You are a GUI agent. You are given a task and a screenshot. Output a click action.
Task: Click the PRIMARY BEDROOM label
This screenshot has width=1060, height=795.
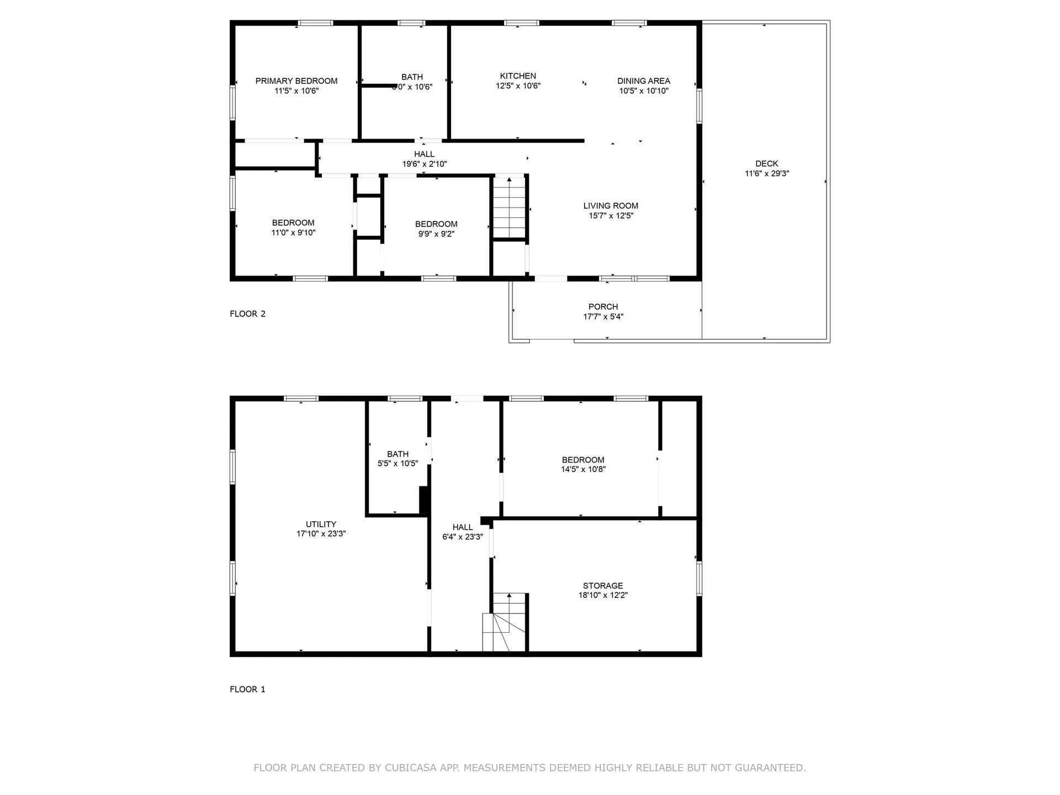pos(296,81)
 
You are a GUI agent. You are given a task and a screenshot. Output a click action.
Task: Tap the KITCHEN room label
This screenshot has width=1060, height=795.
pos(518,76)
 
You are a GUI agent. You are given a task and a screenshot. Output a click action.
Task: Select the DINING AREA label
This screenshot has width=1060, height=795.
pos(644,81)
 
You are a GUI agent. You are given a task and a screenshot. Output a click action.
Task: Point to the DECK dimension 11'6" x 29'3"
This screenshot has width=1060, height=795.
pos(767,173)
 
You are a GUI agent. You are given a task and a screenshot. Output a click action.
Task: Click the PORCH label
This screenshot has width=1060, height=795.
pos(603,307)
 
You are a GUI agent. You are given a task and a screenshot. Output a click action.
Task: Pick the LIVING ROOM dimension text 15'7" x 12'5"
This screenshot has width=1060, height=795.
pos(611,216)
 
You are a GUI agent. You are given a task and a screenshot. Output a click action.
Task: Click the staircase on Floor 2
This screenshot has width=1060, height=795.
pos(509,208)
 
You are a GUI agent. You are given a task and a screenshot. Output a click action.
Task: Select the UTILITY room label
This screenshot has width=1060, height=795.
pos(321,524)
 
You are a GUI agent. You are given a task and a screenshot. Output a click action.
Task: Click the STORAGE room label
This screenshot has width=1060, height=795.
pos(603,586)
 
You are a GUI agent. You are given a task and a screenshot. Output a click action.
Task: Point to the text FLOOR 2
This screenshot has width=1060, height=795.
pos(247,314)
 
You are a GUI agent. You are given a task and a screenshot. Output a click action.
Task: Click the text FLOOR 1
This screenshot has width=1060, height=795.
pos(247,690)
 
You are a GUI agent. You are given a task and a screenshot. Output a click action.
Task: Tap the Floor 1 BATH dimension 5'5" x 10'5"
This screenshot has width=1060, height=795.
pos(397,464)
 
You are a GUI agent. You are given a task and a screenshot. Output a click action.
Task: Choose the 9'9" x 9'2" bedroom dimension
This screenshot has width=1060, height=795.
pos(436,234)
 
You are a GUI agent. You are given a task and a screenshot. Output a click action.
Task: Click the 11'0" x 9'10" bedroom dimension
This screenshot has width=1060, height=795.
pos(293,233)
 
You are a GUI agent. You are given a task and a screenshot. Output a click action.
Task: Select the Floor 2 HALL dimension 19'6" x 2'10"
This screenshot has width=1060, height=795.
pos(424,164)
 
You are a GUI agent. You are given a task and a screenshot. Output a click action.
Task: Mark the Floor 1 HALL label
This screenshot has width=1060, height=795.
pos(463,527)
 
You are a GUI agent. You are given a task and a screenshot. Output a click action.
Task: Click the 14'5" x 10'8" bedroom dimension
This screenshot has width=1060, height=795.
pos(583,469)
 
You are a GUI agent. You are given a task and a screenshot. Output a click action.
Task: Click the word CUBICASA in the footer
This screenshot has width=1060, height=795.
pos(411,768)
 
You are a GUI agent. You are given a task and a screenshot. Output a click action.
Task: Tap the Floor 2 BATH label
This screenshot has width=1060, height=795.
pos(412,77)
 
